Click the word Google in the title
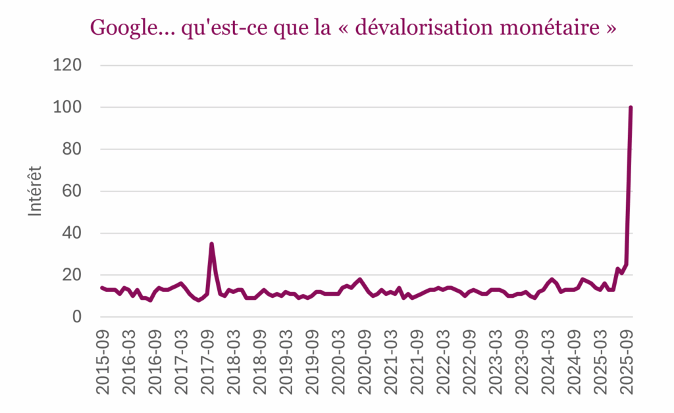click(121, 29)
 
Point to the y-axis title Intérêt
click(36, 191)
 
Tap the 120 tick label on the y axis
click(68, 65)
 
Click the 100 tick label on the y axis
click(68, 107)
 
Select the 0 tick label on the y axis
click(77, 317)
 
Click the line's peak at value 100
click(631, 107)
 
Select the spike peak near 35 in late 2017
click(211, 244)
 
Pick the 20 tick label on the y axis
click(73, 275)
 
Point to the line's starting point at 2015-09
click(102, 287)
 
